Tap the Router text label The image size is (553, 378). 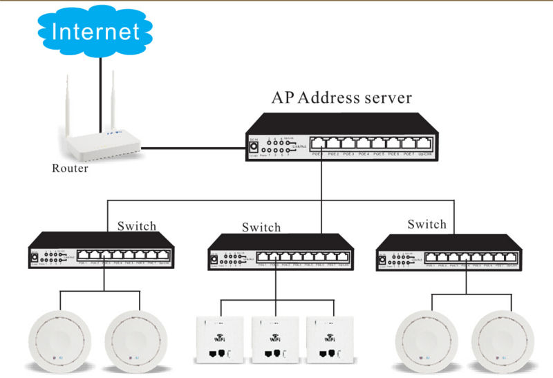[71, 169]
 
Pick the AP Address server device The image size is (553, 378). [339, 138]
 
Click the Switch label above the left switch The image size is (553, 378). [137, 226]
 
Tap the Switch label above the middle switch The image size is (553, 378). [261, 227]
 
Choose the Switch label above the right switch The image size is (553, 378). [427, 225]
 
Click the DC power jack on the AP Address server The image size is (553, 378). [254, 147]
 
